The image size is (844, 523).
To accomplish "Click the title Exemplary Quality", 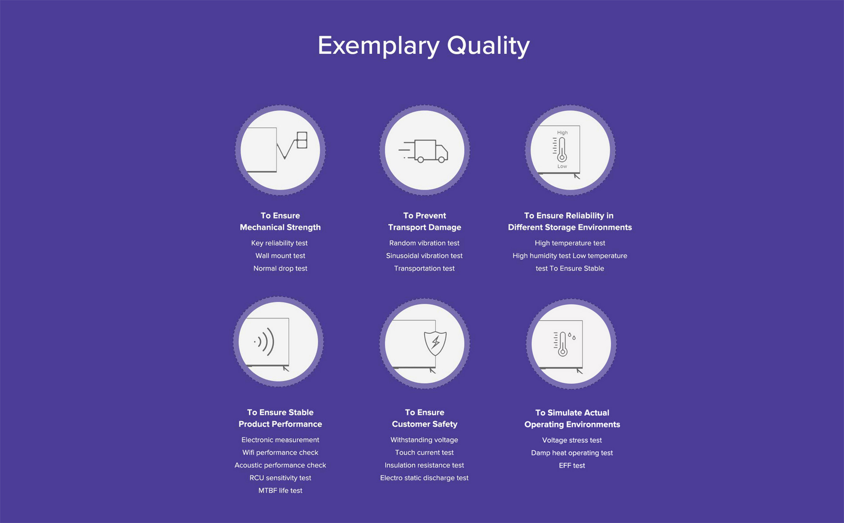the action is click(x=423, y=46).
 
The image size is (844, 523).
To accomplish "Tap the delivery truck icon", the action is click(x=423, y=151).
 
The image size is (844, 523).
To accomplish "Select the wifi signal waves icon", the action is click(x=264, y=341).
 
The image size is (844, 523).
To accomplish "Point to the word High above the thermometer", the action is click(x=562, y=132).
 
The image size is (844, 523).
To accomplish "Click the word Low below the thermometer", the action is click(x=562, y=166).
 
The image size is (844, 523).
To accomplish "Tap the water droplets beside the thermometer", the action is click(x=572, y=336).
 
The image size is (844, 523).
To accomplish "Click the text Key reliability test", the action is click(x=280, y=243).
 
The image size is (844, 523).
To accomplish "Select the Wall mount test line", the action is click(x=280, y=256).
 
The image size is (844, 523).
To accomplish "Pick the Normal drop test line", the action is click(x=280, y=268).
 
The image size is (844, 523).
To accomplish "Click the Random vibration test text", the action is click(x=424, y=243).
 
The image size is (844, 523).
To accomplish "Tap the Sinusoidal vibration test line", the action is click(x=424, y=256).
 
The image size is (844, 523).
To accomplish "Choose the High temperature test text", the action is click(x=570, y=243).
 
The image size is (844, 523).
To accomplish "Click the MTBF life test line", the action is click(x=280, y=490).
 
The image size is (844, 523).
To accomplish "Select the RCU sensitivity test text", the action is click(x=280, y=478).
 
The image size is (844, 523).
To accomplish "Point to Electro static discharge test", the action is click(x=424, y=478).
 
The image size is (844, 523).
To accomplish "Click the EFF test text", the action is click(x=572, y=465).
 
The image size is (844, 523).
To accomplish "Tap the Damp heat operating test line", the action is click(x=572, y=453).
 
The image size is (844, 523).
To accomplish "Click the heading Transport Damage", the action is click(x=425, y=227).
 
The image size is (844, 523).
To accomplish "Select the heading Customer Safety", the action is click(x=425, y=424).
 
